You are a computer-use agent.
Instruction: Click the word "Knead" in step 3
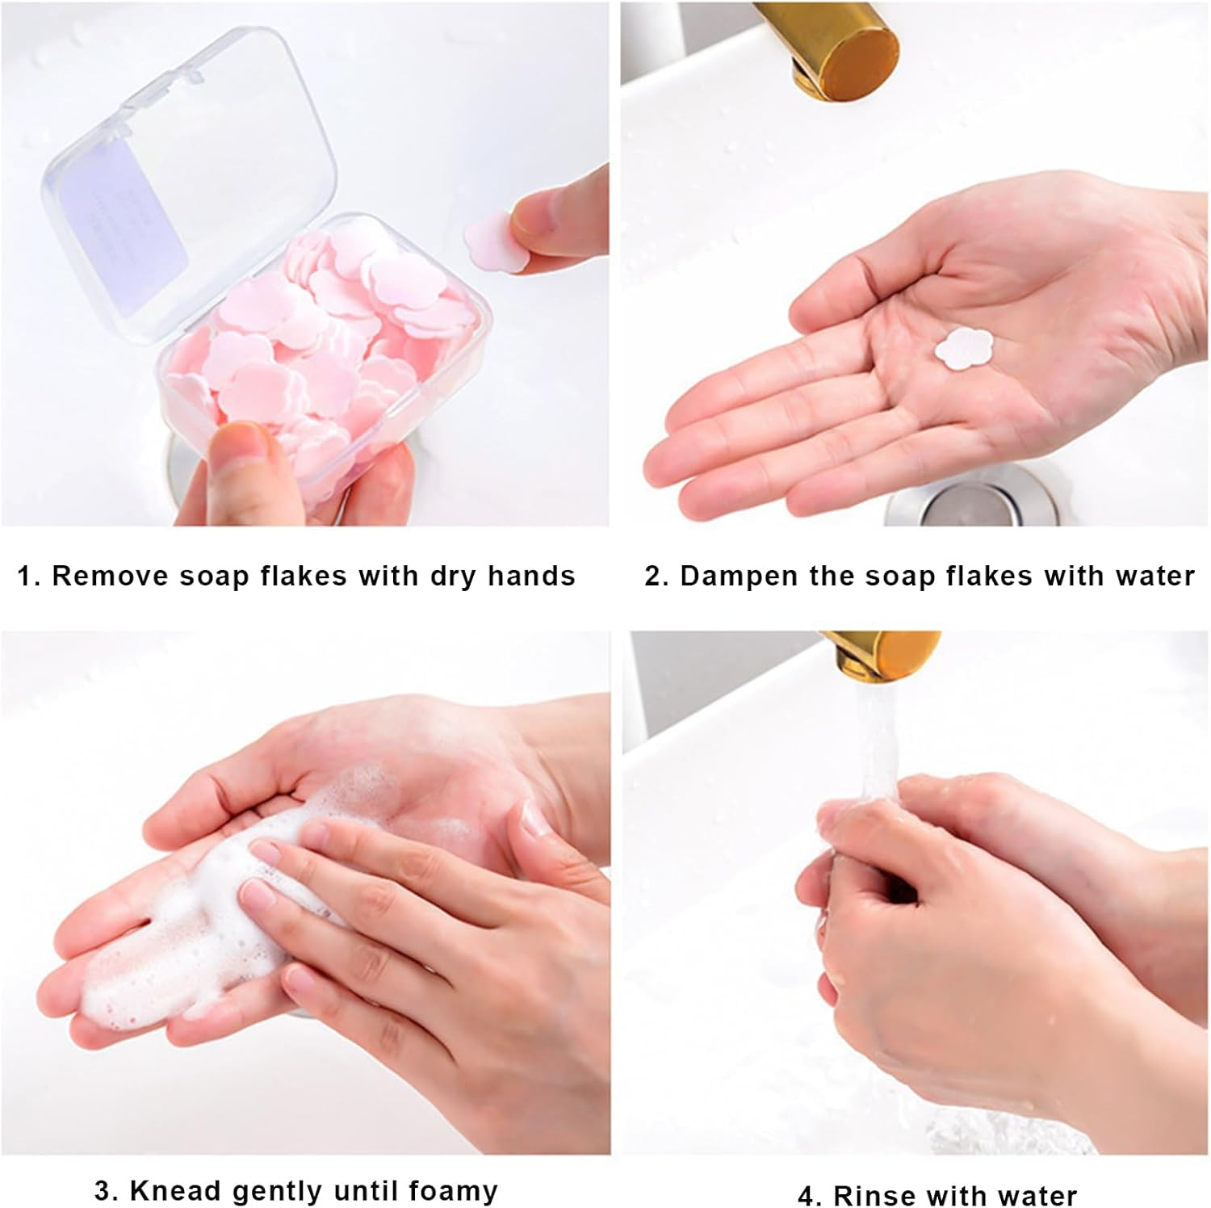pos(174,1191)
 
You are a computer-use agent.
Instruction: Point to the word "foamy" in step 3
pos(453,1191)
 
